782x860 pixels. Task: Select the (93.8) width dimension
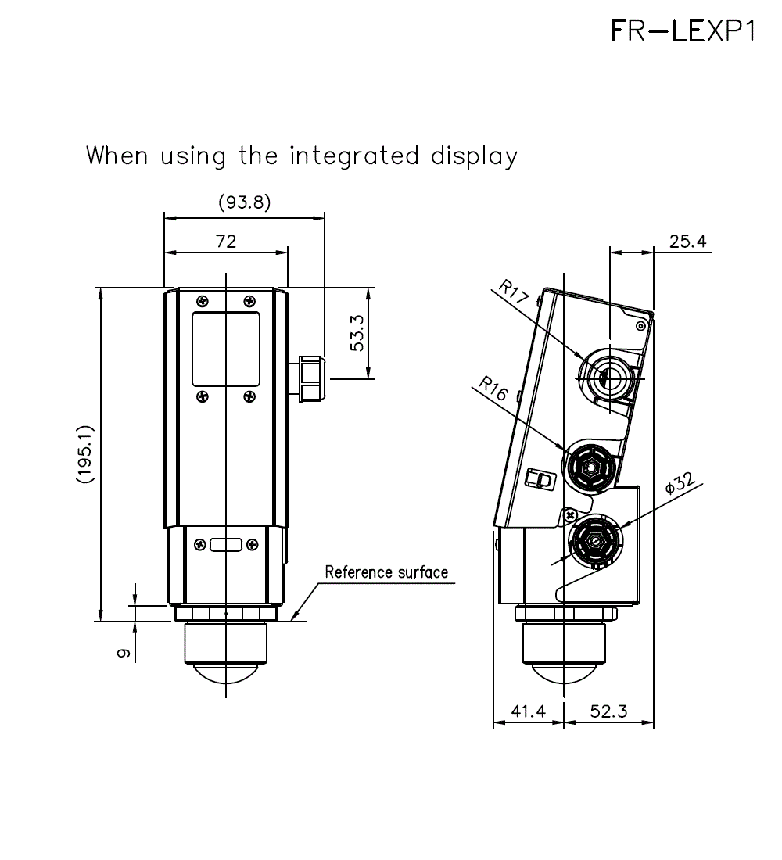pyautogui.click(x=244, y=202)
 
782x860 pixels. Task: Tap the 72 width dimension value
pyautogui.click(x=226, y=242)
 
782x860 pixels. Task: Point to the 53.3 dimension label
pyautogui.click(x=357, y=335)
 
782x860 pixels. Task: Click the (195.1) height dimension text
pyautogui.click(x=85, y=454)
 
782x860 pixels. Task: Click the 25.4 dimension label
pyautogui.click(x=688, y=242)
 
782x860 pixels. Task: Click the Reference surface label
pyautogui.click(x=386, y=572)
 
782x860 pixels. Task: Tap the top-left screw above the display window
pyautogui.click(x=203, y=301)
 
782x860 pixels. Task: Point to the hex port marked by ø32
pyautogui.click(x=594, y=540)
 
